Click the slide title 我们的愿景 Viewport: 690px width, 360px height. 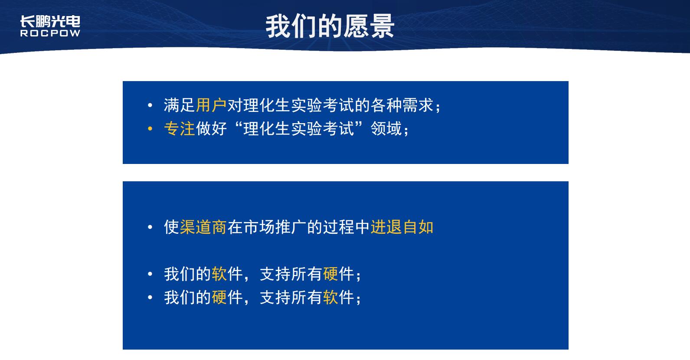(x=330, y=26)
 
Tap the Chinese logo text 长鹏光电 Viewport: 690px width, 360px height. (x=50, y=22)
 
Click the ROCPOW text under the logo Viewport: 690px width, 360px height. (x=50, y=33)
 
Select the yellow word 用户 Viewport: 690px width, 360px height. (x=211, y=105)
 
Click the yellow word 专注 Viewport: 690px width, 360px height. (x=179, y=128)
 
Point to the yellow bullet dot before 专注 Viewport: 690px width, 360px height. (x=150, y=128)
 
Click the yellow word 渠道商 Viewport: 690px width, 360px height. (x=203, y=227)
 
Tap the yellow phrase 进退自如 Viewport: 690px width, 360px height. (x=402, y=227)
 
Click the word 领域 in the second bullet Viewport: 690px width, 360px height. (x=386, y=128)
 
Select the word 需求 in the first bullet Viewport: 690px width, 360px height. (x=418, y=105)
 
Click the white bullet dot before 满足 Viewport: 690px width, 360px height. (x=150, y=105)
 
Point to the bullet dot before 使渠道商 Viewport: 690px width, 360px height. (x=150, y=227)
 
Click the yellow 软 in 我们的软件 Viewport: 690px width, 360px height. (x=219, y=274)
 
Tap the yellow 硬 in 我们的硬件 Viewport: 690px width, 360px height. (x=219, y=298)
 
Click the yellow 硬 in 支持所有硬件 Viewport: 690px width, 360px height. (x=330, y=274)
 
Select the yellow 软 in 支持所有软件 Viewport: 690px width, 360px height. (x=330, y=298)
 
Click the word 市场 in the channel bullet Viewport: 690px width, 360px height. (x=259, y=227)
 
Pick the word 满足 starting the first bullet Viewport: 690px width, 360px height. (x=179, y=105)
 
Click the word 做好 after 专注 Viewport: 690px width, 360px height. (x=211, y=128)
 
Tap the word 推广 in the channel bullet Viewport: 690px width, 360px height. (x=291, y=227)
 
